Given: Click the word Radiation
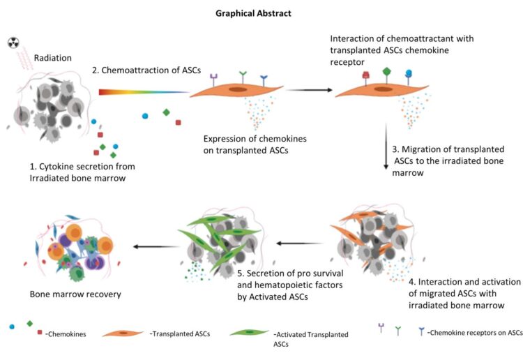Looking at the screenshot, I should point(54,59).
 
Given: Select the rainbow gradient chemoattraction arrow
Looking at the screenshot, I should point(143,91).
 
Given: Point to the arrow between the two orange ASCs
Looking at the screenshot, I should point(308,89).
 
